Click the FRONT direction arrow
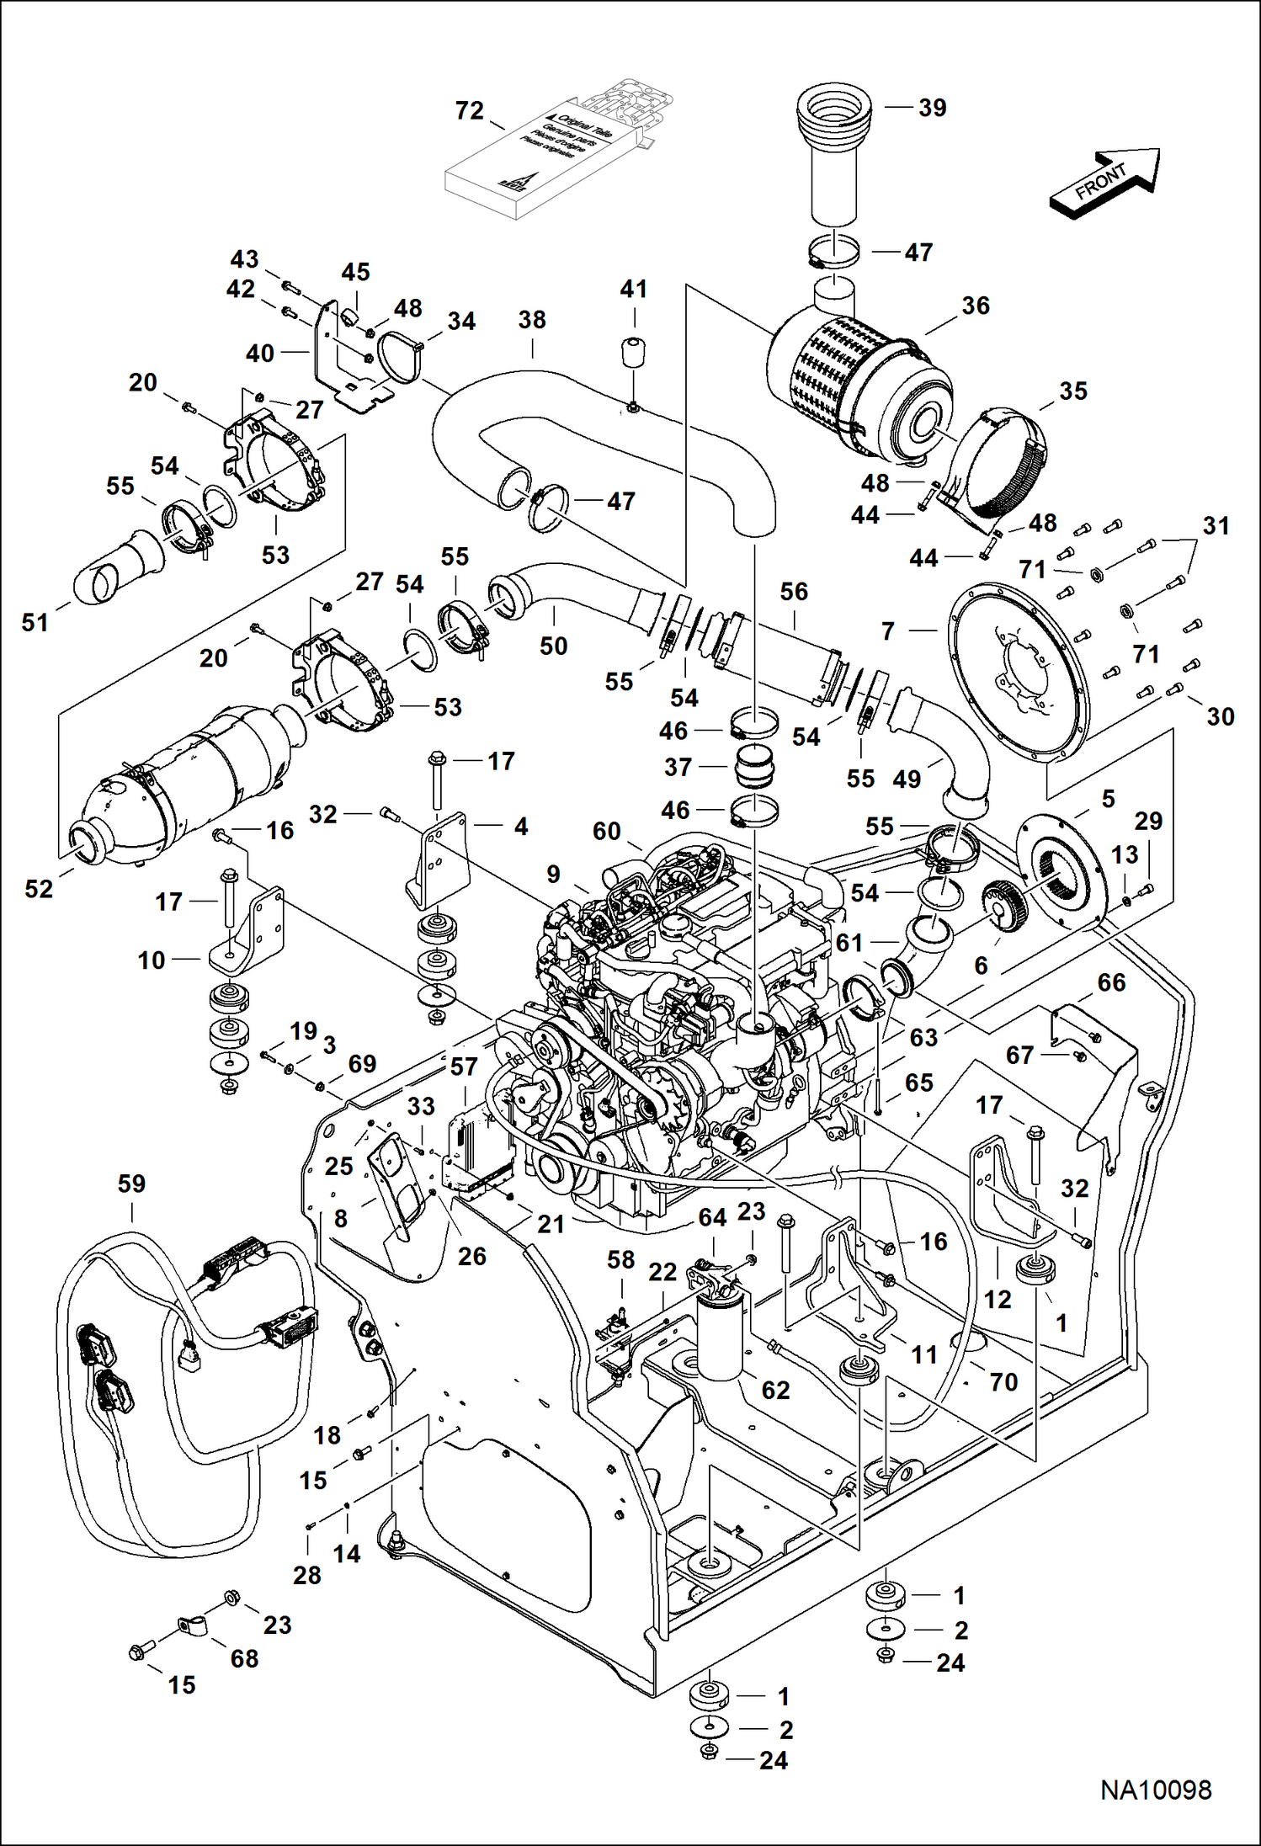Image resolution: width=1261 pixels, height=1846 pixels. click(1104, 182)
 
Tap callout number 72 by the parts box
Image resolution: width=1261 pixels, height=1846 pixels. click(470, 111)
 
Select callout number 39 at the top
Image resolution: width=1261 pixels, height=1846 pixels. click(932, 108)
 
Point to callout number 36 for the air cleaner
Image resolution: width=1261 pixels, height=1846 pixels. click(976, 306)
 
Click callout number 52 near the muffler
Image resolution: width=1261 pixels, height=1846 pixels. click(39, 889)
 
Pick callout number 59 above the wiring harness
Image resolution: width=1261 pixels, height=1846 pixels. click(131, 1184)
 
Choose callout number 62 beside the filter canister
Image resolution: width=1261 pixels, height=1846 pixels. click(775, 1390)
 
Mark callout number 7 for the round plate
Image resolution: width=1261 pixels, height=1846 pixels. click(887, 630)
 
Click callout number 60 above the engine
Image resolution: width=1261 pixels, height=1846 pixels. click(606, 831)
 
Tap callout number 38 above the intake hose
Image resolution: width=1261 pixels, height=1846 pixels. click(532, 320)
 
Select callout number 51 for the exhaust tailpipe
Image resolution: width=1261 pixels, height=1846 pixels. click(35, 623)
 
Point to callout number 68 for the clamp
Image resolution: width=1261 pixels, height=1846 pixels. click(244, 1658)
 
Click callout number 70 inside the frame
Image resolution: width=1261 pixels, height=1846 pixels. click(1003, 1381)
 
